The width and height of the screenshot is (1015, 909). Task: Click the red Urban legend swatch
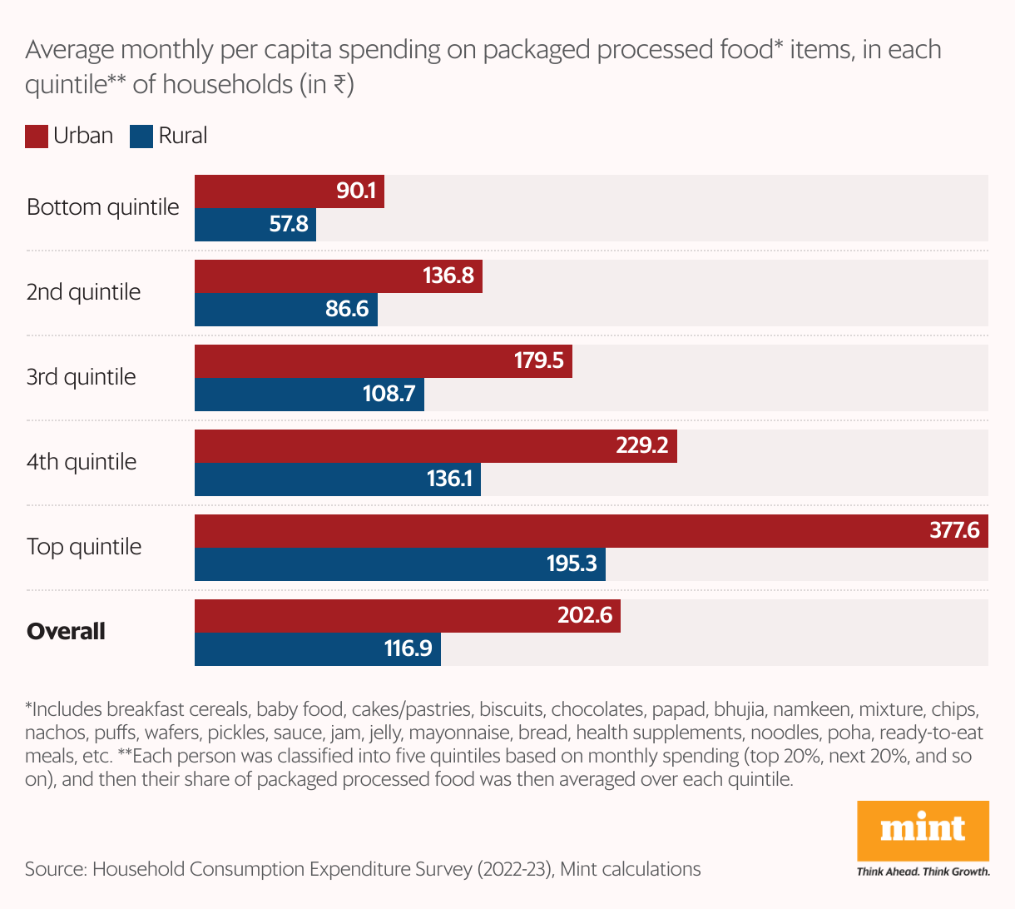[x=37, y=137]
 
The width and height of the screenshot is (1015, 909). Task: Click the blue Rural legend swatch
[x=141, y=137]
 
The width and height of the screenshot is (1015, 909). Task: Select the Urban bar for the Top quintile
[x=591, y=531]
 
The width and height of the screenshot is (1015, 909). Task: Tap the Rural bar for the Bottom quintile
[x=255, y=225]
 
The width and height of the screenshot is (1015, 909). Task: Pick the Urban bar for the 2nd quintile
[x=338, y=276]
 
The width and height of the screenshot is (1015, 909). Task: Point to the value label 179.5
[x=538, y=360]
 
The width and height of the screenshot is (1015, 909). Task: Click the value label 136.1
[x=449, y=479]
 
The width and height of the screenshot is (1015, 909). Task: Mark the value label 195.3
[x=572, y=564]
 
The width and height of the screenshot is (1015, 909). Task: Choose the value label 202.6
[x=585, y=615]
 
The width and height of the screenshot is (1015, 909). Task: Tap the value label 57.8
[x=289, y=224]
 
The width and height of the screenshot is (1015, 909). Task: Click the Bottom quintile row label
[x=103, y=207]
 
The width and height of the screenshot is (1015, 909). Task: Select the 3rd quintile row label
[x=81, y=377]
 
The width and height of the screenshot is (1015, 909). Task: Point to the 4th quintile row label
[x=82, y=462]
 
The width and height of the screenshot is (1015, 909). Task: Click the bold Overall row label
[x=66, y=631]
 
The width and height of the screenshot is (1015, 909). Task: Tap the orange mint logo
[x=923, y=830]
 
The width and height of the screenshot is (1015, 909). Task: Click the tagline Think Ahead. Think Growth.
[x=923, y=872]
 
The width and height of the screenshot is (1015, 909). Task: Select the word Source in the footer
[x=55, y=869]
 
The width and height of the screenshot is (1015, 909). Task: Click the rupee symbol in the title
[x=339, y=85]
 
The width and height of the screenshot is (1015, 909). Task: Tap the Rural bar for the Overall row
[x=317, y=649]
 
